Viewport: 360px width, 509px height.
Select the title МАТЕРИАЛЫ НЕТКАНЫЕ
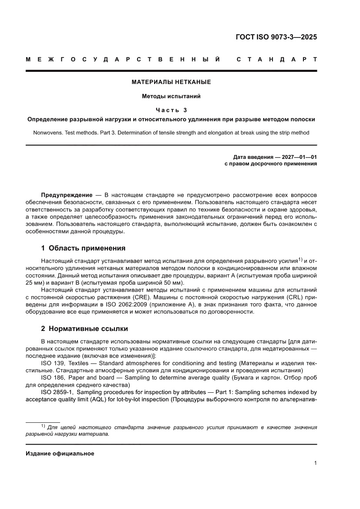(172, 82)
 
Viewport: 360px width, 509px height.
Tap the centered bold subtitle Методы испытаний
(172, 96)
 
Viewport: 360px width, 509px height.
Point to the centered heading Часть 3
(172, 110)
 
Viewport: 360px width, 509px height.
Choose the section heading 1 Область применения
(83, 248)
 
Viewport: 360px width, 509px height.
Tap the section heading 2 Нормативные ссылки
(84, 328)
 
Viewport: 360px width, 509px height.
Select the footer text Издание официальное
(60, 453)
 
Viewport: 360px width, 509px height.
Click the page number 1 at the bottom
(315, 463)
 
